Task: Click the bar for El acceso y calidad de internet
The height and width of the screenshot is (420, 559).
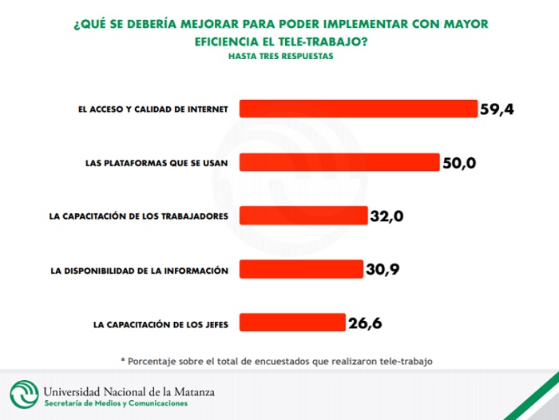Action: pos(358,109)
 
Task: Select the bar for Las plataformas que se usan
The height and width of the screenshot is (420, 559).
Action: pos(339,162)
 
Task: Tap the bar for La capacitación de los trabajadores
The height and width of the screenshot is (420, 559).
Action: pos(303,216)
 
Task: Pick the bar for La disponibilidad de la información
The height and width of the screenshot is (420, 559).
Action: pos(301,269)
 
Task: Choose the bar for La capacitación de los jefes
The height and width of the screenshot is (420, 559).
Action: pos(292,323)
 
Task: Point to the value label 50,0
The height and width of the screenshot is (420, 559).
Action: pos(459,163)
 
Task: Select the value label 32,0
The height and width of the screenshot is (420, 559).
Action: pos(387,216)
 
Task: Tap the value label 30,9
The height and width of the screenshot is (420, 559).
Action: pos(382,270)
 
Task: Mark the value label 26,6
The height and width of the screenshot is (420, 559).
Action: pos(364,323)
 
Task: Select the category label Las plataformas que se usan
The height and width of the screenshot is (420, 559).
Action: pos(157,163)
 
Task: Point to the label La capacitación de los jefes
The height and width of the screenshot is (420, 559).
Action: pos(161,324)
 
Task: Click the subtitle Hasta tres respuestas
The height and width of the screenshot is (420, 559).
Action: pos(280,57)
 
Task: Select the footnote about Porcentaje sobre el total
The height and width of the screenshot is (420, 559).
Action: pos(276,361)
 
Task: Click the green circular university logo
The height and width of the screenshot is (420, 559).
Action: pos(23,394)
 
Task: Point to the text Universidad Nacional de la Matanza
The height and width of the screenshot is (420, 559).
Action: pos(129,391)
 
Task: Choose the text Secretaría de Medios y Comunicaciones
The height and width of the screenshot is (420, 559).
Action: pos(116,404)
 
